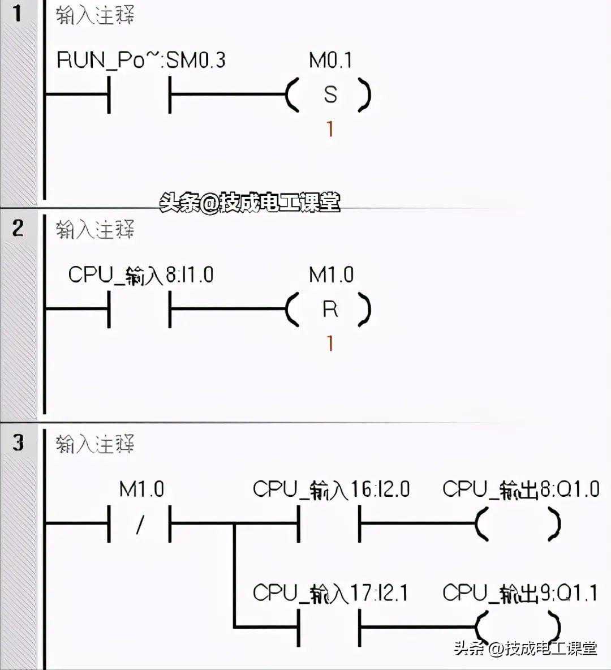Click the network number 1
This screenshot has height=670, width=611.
18,13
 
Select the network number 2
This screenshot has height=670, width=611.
18,228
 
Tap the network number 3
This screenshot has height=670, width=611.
18,442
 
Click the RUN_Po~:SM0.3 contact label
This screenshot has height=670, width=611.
141,60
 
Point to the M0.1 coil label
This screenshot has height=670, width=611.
330,60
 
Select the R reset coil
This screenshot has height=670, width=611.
329,310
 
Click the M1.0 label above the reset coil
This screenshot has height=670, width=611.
331,275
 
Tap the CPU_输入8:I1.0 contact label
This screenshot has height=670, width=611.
141,275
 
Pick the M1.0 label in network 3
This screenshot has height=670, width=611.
141,489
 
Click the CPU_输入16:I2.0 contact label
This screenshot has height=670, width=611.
331,489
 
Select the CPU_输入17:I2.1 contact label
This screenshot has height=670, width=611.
330,593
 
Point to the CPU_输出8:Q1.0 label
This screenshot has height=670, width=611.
520,489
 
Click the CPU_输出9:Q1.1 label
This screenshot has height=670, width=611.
520,593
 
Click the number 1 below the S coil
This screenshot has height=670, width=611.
330,130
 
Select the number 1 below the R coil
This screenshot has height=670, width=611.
330,343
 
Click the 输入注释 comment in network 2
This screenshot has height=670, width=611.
95,230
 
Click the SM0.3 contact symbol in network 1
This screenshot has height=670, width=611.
140,95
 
